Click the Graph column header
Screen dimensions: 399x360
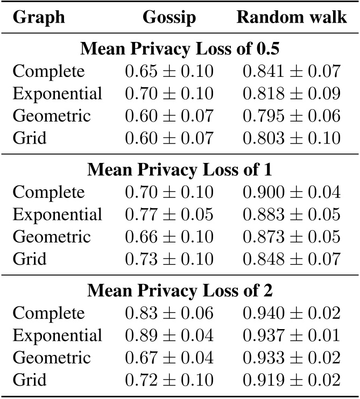tap(39, 18)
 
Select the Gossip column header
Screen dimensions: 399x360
tap(168, 18)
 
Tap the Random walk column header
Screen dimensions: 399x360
tap(292, 18)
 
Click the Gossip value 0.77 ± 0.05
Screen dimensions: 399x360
tap(169, 214)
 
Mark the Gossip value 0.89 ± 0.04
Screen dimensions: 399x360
tap(169, 335)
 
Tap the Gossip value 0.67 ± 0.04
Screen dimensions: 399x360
tap(169, 358)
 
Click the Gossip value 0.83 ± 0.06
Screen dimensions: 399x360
tap(169, 312)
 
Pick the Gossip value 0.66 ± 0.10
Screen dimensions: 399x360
tap(169, 237)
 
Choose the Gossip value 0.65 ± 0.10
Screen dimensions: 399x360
tap(169, 70)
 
